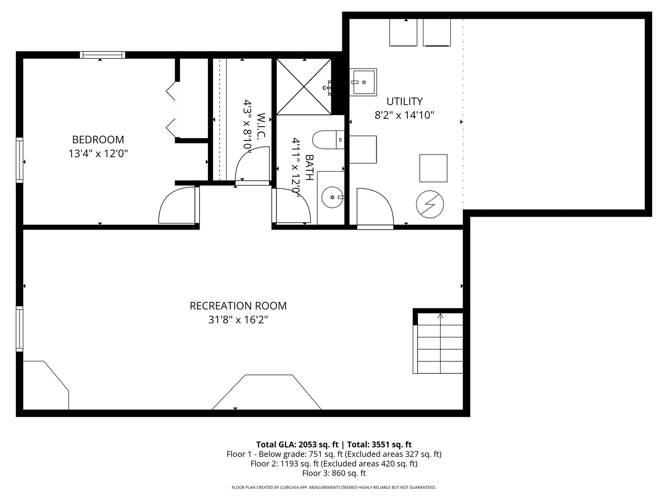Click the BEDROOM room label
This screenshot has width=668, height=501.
tap(98, 140)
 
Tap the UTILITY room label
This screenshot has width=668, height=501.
tap(405, 101)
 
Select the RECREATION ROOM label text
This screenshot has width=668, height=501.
tap(238, 306)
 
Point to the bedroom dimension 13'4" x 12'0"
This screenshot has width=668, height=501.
tap(98, 154)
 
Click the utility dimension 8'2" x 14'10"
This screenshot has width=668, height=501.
tap(405, 116)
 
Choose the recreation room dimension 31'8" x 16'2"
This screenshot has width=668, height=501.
tap(238, 320)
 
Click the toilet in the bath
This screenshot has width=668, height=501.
tap(328, 140)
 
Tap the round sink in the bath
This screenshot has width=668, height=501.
tap(332, 198)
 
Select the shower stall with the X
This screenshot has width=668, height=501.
tap(304, 87)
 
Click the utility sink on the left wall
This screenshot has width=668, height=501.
tap(363, 82)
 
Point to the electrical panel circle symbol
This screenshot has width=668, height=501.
tap(430, 205)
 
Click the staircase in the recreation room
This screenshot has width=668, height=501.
tap(438, 343)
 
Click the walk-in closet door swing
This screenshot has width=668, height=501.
tap(244, 158)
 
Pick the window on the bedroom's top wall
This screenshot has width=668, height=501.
tap(103, 55)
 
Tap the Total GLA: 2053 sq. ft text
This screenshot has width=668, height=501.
tap(297, 445)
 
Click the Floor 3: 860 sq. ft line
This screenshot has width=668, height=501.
tap(334, 473)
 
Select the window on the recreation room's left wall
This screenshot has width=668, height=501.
tap(19, 329)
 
